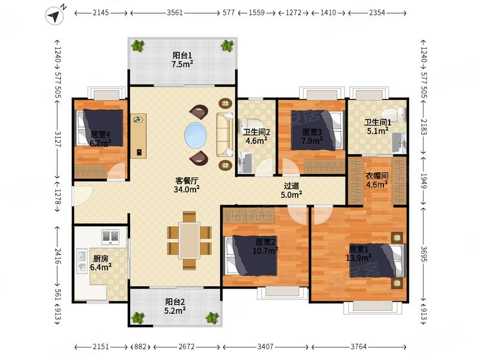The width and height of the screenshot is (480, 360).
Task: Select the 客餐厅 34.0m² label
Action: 187,184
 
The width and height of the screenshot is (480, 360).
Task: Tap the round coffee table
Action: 196,135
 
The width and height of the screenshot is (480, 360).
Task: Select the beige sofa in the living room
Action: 225,135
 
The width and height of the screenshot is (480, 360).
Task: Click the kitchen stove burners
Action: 109,236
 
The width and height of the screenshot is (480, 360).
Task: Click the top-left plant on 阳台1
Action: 139,46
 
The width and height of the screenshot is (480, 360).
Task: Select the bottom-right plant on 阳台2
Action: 211,317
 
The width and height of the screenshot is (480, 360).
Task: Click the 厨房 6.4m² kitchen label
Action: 100,263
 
